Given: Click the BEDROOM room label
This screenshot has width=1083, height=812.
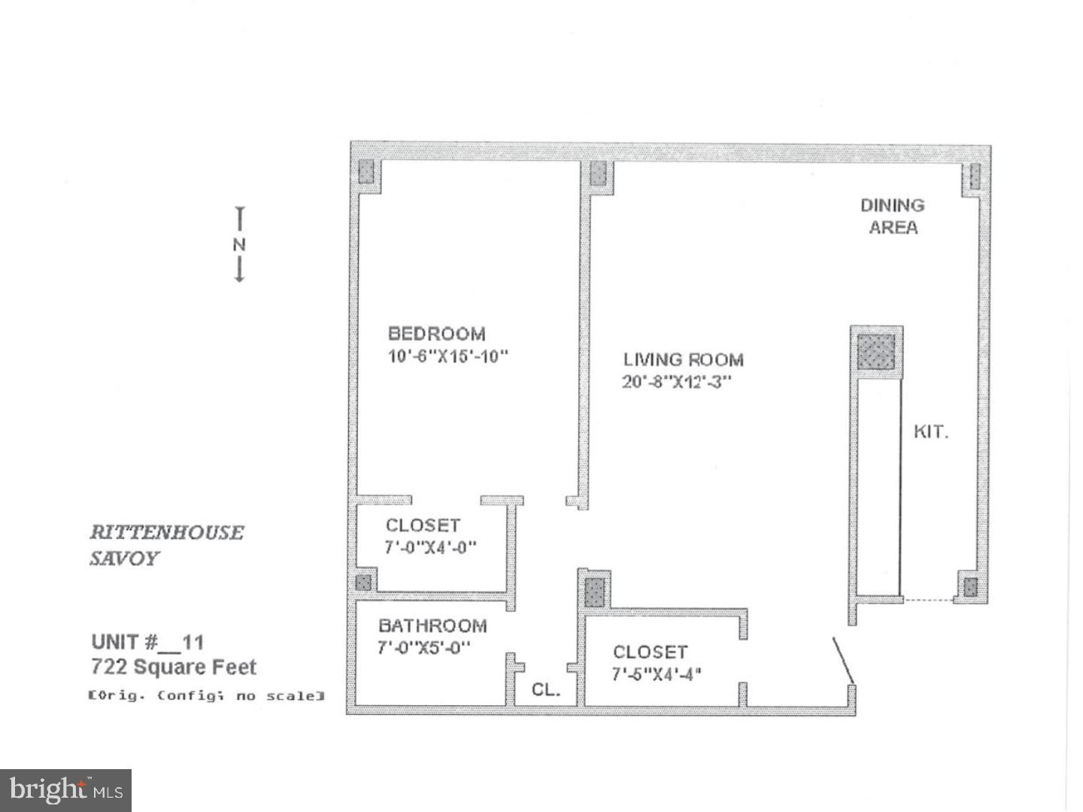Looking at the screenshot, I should (436, 334).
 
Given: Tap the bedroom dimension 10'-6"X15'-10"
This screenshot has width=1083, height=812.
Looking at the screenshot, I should (447, 356).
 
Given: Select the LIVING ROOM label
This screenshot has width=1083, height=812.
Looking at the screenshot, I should (683, 360).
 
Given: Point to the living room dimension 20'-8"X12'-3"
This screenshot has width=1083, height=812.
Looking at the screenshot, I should (676, 382).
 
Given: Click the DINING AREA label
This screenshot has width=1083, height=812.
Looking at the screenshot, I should (893, 216).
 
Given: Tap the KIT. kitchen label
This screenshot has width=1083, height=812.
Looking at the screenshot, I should (930, 432).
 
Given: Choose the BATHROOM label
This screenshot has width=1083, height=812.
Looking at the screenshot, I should (432, 626).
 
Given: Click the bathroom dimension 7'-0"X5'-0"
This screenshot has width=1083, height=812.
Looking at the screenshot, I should (424, 647).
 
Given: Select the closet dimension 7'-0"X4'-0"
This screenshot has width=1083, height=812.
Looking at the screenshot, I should (430, 547).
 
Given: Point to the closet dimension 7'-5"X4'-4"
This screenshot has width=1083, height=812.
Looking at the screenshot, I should (657, 674).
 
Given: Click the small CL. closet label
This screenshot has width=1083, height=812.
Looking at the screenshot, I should (546, 689).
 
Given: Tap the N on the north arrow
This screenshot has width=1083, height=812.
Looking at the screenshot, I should (239, 245).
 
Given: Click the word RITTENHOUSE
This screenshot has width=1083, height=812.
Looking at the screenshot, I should (167, 532).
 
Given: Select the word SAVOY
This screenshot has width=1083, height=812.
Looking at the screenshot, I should (125, 559).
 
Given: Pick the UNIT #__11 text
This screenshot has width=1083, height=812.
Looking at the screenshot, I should (147, 642).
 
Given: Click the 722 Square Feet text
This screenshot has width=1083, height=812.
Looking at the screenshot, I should (174, 667).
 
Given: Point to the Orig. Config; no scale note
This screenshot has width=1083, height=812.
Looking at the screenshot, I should (206, 696).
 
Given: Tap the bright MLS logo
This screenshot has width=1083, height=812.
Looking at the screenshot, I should (66, 790).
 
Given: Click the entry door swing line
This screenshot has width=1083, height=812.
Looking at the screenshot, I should (842, 661).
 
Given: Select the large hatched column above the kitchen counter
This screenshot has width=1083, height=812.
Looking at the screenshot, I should (876, 351).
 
